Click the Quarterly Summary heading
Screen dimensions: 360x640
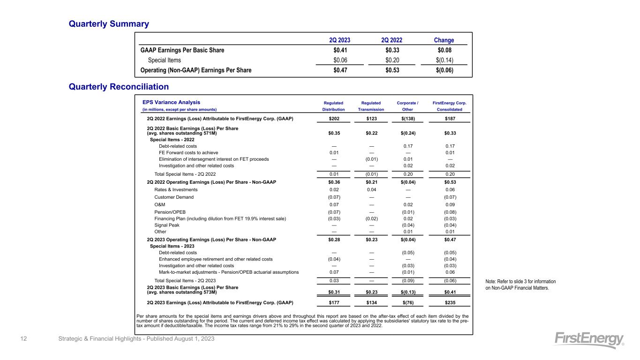pyautogui.click(x=109, y=23)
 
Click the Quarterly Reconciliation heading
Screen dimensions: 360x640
pyautogui.click(x=119, y=87)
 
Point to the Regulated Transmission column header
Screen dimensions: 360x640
pyautogui.click(x=371, y=106)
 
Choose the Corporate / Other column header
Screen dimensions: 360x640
pyautogui.click(x=407, y=106)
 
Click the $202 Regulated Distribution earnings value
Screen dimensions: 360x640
pyautogui.click(x=335, y=119)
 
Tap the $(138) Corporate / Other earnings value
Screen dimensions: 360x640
pyautogui.click(x=407, y=119)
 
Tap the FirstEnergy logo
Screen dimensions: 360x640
pyautogui.click(x=589, y=340)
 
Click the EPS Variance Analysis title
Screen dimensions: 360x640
pyautogui.click(x=171, y=102)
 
